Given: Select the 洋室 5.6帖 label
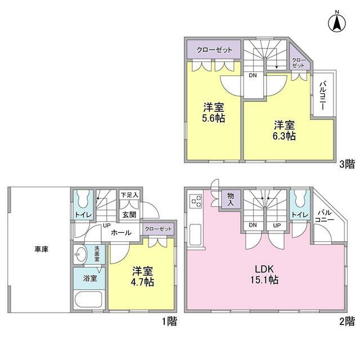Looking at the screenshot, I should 214,112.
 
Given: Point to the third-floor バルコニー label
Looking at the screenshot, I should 324,94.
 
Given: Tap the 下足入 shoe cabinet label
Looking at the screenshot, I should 130,195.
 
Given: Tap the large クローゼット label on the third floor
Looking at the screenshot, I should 214,50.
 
